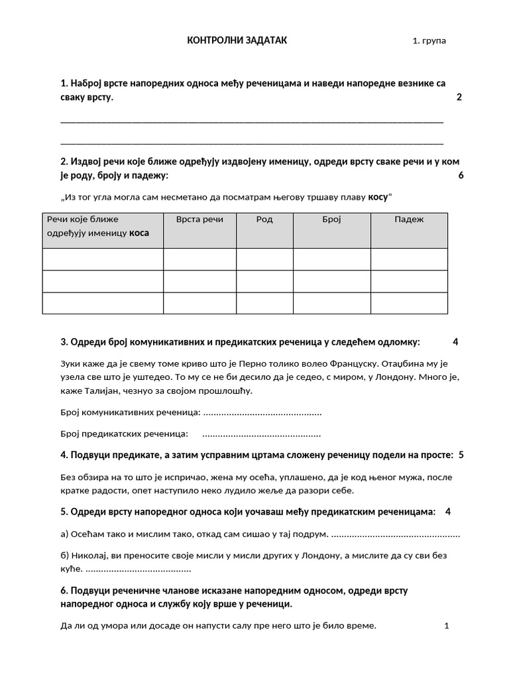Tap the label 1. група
point(429,41)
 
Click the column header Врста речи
point(199,219)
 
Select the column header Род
point(264,219)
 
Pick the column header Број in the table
point(331,219)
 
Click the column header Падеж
point(409,219)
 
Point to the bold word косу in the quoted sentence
point(378,197)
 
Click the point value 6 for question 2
point(461,176)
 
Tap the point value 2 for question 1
point(459,97)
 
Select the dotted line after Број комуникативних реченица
point(262,413)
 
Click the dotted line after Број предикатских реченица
point(261,434)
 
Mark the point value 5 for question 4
point(461,455)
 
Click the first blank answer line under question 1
point(252,122)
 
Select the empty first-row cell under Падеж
point(409,259)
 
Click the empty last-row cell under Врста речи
point(199,303)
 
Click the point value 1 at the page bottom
point(447,625)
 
